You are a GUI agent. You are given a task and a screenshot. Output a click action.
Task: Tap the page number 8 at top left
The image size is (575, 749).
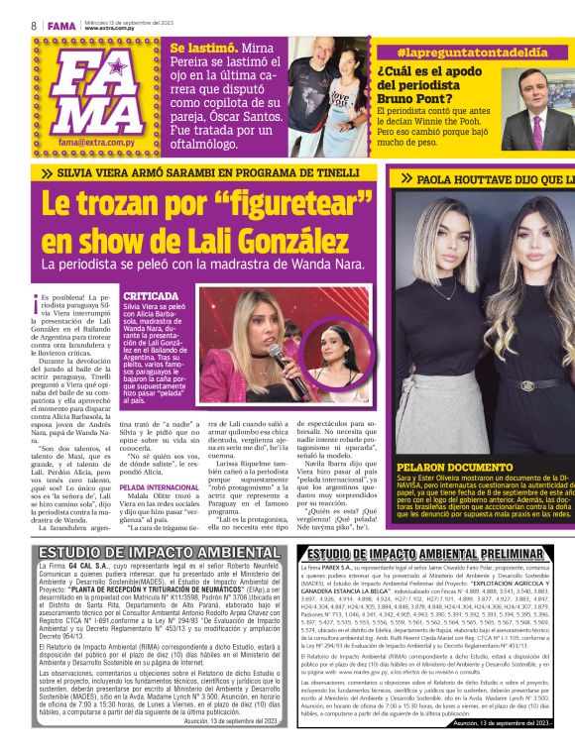point(33,26)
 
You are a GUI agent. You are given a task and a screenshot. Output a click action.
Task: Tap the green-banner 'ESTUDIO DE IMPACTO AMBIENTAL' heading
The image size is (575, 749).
point(146,552)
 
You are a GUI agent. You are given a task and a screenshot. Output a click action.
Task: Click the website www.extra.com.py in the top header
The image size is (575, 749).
point(109,28)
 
